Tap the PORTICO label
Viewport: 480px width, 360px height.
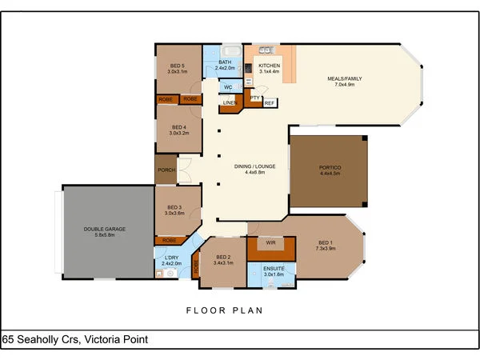(x=330, y=167)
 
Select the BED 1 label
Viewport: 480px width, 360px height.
(x=324, y=243)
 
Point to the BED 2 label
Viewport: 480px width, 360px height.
(x=223, y=257)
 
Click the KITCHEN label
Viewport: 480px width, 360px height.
(x=269, y=66)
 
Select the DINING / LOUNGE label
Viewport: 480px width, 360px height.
(x=255, y=166)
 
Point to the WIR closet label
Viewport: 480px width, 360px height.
(x=270, y=241)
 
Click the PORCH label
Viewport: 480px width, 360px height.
(x=166, y=170)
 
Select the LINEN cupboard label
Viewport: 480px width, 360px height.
(x=230, y=102)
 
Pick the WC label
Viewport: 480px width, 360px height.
(x=228, y=86)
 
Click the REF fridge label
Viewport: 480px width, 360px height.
(x=269, y=102)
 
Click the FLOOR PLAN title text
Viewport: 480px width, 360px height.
(x=224, y=310)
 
